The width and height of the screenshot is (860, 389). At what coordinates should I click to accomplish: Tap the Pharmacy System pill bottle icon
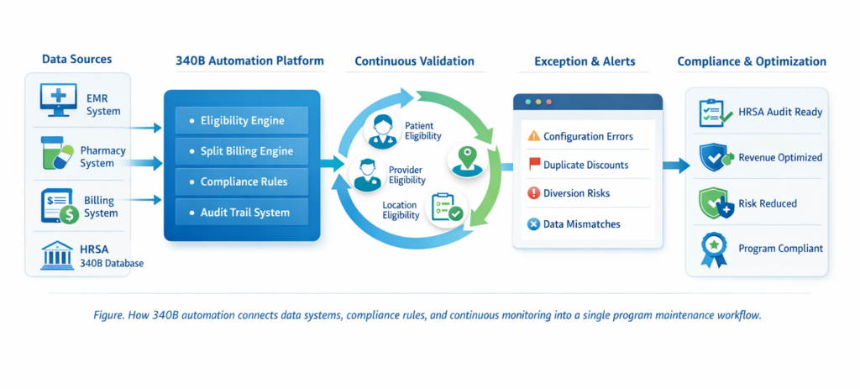click(x=56, y=154)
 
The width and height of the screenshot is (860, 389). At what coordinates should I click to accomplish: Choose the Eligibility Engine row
click(x=242, y=120)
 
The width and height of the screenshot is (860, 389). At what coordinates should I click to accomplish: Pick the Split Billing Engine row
click(x=242, y=150)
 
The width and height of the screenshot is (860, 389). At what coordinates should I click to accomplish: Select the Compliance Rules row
click(x=242, y=181)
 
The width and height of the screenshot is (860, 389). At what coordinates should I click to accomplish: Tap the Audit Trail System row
click(x=242, y=213)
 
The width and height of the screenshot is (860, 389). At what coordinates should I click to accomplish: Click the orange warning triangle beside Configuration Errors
click(x=532, y=136)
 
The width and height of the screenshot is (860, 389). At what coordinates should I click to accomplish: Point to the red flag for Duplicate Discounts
click(x=532, y=165)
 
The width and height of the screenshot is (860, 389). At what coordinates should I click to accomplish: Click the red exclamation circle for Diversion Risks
click(x=532, y=193)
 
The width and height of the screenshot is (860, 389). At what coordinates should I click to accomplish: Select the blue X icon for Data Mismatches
click(x=532, y=223)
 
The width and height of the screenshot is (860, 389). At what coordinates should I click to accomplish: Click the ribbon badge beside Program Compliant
click(x=712, y=250)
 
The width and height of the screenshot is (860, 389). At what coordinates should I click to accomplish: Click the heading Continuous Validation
click(x=414, y=61)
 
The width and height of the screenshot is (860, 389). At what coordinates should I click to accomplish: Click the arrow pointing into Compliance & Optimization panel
click(x=675, y=166)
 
